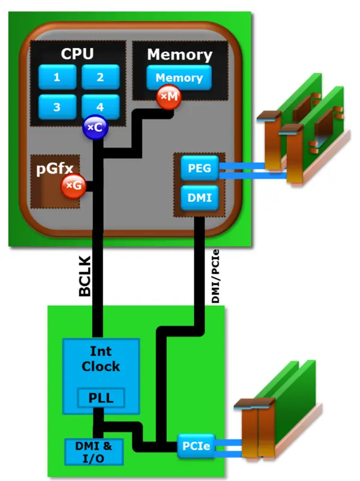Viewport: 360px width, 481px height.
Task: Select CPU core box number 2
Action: click(x=100, y=77)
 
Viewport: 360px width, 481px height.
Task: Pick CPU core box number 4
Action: click(x=100, y=107)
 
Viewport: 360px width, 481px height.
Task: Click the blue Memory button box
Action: click(x=179, y=78)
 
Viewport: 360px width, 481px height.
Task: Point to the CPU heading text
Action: click(x=77, y=53)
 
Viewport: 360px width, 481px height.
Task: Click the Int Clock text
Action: click(x=101, y=358)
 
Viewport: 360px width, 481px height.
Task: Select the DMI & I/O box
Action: click(x=93, y=450)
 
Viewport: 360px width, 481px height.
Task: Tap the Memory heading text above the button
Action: click(x=179, y=55)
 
